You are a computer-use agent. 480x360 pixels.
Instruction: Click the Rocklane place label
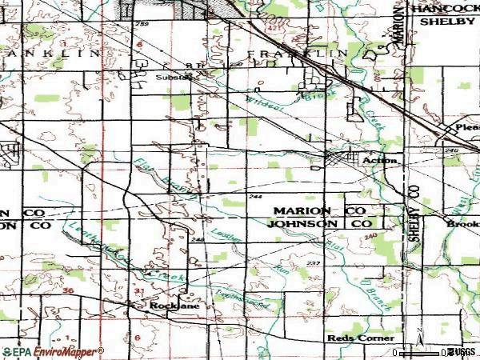(169, 306)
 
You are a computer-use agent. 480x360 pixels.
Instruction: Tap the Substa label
(174, 78)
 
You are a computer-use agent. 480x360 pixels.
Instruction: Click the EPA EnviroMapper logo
(52, 351)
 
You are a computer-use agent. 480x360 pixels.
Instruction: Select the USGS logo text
(465, 352)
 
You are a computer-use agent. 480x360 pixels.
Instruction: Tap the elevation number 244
(256, 197)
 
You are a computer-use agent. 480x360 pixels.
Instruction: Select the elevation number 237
(313, 263)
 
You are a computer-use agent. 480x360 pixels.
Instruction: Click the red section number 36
(69, 290)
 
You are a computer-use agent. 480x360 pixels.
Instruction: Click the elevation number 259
(143, 26)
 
